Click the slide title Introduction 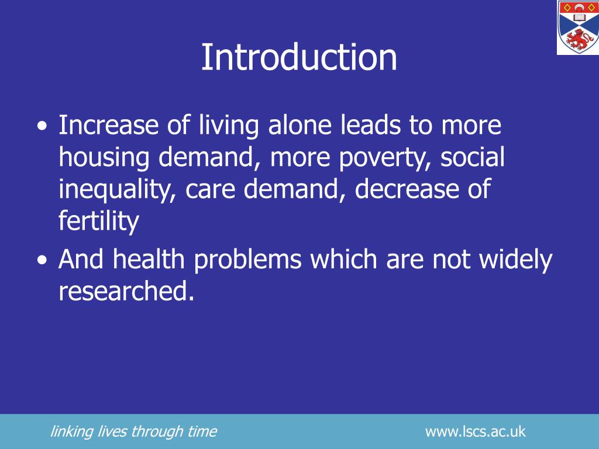coord(299,57)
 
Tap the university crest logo coord(577,27)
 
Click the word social coord(473,158)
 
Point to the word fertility coord(99,222)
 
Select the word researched coord(125,291)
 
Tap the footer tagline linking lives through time coord(133,432)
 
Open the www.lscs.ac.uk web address coord(475,432)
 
